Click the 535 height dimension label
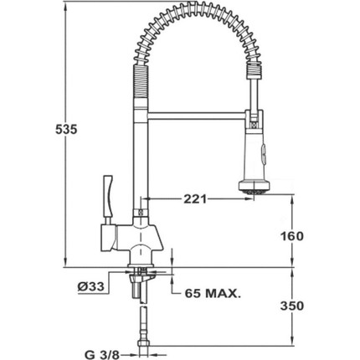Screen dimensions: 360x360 point(66,130)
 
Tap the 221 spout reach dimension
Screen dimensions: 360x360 point(195,199)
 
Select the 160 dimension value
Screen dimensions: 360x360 point(292,236)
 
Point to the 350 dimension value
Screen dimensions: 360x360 point(292,306)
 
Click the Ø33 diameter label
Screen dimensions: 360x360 point(90,286)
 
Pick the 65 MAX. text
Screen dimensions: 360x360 point(213,293)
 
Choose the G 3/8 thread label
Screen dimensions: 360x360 point(102,355)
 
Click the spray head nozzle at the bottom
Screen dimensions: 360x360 point(255,187)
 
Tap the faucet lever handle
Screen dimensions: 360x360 point(108,196)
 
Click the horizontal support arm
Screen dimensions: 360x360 point(197,116)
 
